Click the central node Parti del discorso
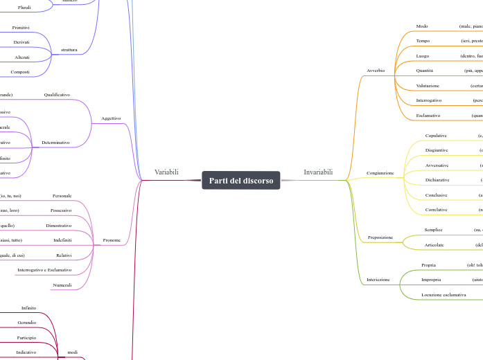[x=241, y=181]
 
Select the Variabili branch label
[x=166, y=172]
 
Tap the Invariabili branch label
[x=318, y=172]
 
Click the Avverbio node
[x=376, y=71]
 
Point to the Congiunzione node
[x=380, y=172]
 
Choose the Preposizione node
[x=379, y=237]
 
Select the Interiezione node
[x=378, y=280]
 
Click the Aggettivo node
[x=111, y=118]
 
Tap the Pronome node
[x=112, y=240]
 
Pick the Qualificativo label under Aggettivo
[x=57, y=94]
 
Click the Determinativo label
[x=55, y=143]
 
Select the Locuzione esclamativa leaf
[x=444, y=295]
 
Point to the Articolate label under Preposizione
[x=434, y=244]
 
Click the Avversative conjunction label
[x=437, y=165]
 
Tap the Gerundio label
[x=27, y=323]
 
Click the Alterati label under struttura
[x=22, y=57]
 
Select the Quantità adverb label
[x=424, y=71]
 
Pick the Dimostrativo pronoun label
[x=59, y=226]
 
